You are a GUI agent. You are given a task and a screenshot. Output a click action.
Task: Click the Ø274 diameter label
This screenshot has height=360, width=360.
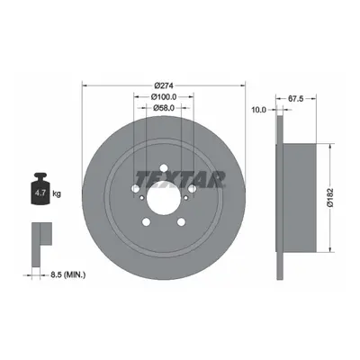click(164, 85)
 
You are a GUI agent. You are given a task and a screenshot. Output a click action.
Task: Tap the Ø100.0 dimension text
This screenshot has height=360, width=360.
click(164, 97)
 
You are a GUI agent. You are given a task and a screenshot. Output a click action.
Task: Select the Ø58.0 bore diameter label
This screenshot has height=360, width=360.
click(164, 108)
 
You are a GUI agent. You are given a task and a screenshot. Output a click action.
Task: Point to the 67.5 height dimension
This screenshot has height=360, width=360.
click(296, 98)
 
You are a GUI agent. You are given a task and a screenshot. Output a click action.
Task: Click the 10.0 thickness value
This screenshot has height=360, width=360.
click(259, 110)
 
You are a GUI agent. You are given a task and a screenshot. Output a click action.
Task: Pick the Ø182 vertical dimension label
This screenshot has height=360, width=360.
click(330, 198)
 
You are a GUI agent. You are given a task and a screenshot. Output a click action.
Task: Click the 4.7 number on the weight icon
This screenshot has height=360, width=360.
click(40, 193)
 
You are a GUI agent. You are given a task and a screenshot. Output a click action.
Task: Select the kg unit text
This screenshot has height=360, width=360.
click(57, 193)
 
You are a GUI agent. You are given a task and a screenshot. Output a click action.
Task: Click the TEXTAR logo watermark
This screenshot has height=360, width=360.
click(180, 179)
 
